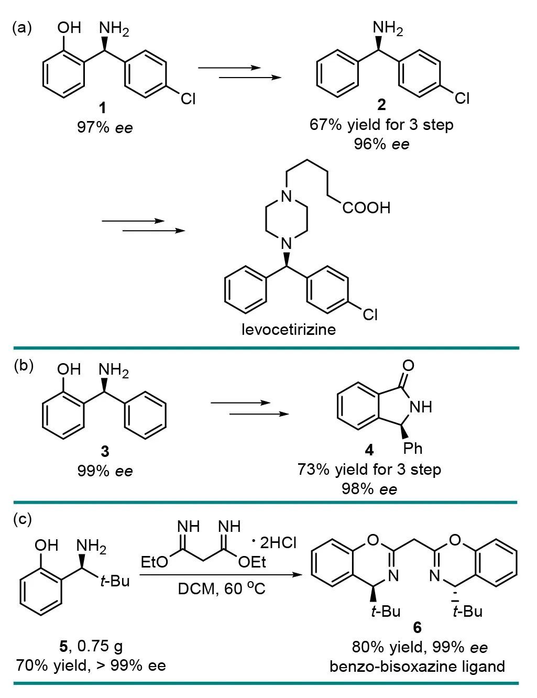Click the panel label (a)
point(21,28)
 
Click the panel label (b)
point(24,365)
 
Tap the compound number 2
point(381,105)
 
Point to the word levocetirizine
point(288,330)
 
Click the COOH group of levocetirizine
point(367,208)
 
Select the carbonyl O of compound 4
point(408,365)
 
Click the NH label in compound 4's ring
point(421,406)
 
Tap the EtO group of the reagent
point(155,562)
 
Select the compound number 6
point(417,627)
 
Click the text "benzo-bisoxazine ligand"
point(418,666)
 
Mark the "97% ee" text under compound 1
point(105,127)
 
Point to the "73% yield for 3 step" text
point(369,469)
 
